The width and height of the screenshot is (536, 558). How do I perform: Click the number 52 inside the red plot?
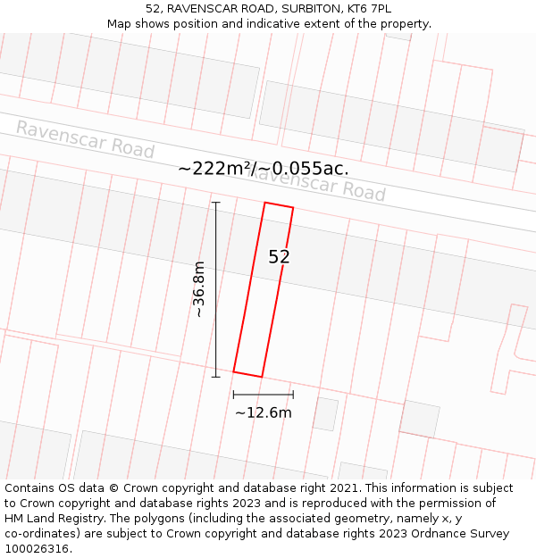(280, 257)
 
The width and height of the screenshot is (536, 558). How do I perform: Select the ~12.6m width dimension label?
(263, 412)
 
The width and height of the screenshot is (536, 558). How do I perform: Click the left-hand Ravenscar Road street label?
(85, 139)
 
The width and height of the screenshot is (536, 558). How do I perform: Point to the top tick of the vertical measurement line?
(215, 203)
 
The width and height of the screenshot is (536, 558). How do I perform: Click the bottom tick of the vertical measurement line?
(215, 377)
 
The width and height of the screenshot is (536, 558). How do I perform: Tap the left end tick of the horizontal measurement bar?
(233, 394)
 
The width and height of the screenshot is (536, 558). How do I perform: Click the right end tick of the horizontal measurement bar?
(293, 394)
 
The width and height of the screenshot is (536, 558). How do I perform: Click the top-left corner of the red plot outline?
(265, 203)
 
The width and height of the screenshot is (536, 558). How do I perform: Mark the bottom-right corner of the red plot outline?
(261, 377)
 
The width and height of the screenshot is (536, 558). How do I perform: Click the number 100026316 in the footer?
(38, 548)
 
